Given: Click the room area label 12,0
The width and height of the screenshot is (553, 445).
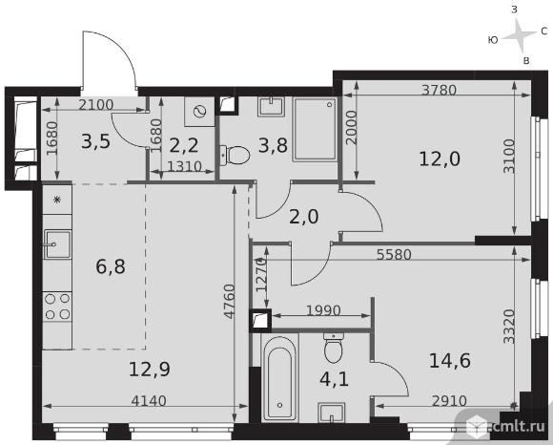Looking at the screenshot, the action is click(x=440, y=159).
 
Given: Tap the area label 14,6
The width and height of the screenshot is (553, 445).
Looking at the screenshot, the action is click(x=450, y=361).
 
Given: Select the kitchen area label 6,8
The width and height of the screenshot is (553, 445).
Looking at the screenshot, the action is click(x=111, y=266).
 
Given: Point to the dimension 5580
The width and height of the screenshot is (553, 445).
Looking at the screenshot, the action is click(x=394, y=254).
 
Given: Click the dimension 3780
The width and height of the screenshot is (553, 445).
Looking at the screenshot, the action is click(x=440, y=90).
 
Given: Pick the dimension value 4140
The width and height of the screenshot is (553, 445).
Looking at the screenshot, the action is click(x=149, y=401).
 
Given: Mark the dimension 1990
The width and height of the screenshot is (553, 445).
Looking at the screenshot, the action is click(x=323, y=310).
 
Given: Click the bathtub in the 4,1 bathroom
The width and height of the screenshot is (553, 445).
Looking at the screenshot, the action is click(x=279, y=377).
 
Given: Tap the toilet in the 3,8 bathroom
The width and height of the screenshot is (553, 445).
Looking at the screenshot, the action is click(x=235, y=155).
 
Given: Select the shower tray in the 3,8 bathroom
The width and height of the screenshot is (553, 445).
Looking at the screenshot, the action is click(x=315, y=129).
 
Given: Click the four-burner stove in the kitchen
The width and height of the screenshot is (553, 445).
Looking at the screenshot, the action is click(x=57, y=307).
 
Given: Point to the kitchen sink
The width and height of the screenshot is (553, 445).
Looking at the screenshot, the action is click(x=57, y=244).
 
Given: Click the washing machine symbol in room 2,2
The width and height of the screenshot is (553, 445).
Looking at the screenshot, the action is click(x=199, y=112).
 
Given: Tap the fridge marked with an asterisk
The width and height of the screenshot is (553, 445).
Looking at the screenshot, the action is click(x=57, y=200).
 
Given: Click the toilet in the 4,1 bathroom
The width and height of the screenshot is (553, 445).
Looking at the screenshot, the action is click(x=334, y=348).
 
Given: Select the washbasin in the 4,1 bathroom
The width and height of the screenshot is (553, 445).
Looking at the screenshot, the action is click(x=331, y=413).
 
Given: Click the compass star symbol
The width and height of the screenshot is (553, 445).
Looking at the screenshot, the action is click(x=519, y=34).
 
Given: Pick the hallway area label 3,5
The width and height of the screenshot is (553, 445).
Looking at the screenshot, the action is click(x=96, y=142).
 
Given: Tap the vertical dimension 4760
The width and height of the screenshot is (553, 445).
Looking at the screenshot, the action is click(x=230, y=301).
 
